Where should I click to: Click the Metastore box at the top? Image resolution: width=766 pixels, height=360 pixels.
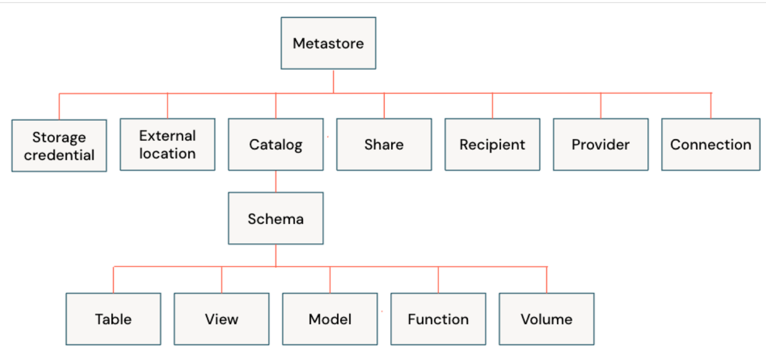tap(328, 43)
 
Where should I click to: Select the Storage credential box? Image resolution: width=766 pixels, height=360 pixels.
tap(59, 146)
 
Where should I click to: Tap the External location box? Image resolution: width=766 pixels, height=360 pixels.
tap(168, 145)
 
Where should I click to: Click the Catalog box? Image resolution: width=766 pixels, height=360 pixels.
tap(276, 145)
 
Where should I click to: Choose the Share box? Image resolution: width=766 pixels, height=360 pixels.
tap(384, 145)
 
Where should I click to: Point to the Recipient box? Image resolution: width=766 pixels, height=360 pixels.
tap(492, 145)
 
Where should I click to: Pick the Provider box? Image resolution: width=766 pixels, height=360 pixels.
tap(600, 145)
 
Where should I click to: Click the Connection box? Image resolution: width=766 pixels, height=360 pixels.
tap(710, 145)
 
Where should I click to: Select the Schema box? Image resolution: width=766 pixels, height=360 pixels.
tap(276, 219)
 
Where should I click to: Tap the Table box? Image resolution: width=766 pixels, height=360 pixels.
tap(113, 319)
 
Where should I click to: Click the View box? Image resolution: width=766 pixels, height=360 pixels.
tap(222, 319)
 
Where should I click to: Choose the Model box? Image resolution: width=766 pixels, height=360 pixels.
tap(330, 319)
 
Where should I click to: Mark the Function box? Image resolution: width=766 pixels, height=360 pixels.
tap(438, 319)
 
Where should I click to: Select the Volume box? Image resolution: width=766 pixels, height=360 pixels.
tap(546, 319)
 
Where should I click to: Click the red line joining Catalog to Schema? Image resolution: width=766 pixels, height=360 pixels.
tap(276, 182)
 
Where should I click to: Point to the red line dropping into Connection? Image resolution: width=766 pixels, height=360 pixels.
tap(711, 106)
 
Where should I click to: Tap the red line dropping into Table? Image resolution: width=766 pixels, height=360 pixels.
tap(113, 280)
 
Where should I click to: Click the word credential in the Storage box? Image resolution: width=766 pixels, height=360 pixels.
tap(59, 155)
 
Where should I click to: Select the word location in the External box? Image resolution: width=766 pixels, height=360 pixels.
tap(168, 154)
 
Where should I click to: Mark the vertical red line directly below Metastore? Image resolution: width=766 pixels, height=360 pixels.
tap(333, 81)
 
